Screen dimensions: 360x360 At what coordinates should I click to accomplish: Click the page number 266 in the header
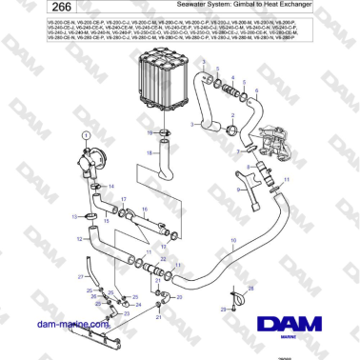click(x=30, y=10)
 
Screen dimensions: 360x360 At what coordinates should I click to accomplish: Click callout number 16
click(x=145, y=208)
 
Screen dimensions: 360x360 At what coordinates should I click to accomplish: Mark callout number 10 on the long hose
click(x=234, y=239)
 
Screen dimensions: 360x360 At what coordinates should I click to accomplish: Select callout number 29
click(x=221, y=310)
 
